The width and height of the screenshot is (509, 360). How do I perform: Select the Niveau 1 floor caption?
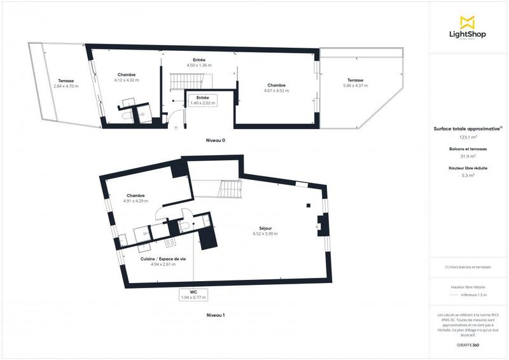point(215,315)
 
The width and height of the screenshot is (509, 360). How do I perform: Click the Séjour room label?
point(265,231)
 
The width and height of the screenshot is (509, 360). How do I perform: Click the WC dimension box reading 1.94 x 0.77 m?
point(194,294)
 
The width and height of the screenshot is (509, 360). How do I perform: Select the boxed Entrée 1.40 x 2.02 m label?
point(202,99)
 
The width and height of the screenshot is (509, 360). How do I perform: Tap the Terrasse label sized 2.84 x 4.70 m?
point(66,83)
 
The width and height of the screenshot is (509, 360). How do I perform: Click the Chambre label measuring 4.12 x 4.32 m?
point(127,77)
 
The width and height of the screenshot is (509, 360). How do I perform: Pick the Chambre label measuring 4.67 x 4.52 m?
point(276,88)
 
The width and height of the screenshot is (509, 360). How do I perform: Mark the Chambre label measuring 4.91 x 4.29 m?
point(136,198)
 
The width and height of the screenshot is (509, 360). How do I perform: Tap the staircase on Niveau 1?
point(230,189)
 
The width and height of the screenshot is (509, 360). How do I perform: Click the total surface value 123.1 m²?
point(468,137)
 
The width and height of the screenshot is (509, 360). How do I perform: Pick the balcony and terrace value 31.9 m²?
point(468,156)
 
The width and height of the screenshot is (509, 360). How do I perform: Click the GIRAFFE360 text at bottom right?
point(468,344)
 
